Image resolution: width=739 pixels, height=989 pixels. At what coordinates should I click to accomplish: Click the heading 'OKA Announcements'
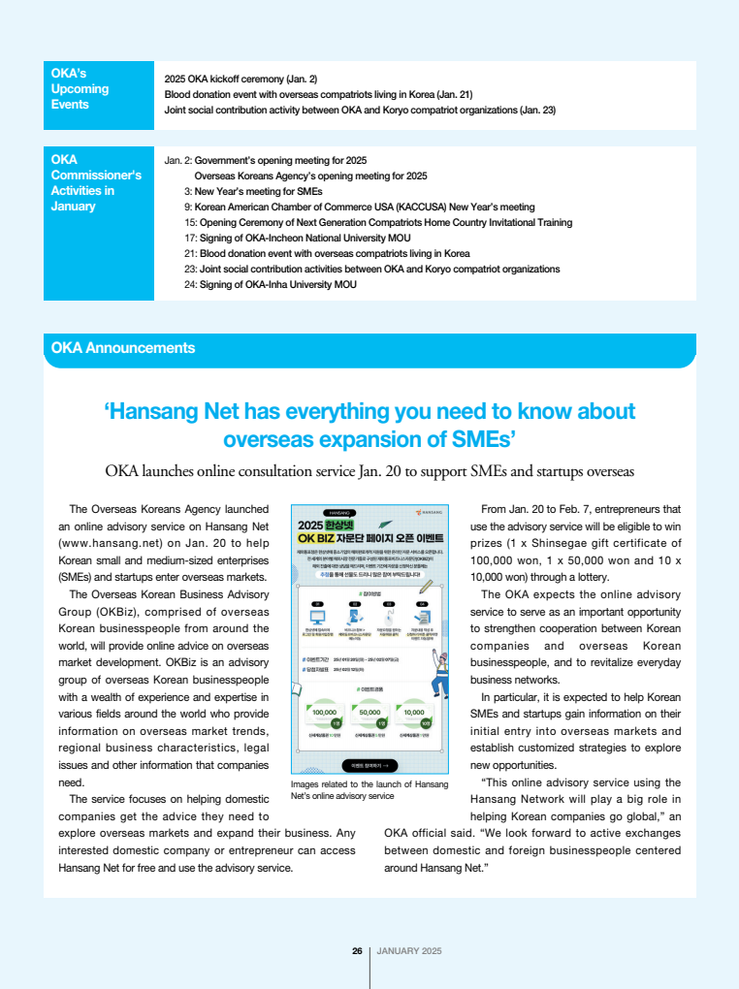(x=123, y=348)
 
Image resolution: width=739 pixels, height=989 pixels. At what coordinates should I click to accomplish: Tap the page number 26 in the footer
(x=357, y=951)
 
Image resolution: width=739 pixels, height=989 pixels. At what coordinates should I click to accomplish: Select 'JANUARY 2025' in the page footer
(x=408, y=951)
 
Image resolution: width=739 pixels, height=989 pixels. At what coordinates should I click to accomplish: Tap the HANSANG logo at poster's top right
(x=428, y=511)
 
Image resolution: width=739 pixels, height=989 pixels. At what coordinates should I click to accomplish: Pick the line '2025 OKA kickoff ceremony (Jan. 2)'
(x=241, y=79)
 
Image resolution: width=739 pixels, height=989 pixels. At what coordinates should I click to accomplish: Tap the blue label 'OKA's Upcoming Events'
(x=81, y=89)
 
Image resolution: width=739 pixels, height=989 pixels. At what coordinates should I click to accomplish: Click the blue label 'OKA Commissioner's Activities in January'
(x=96, y=183)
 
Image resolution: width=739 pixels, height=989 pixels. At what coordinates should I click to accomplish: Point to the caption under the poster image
(x=369, y=789)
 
